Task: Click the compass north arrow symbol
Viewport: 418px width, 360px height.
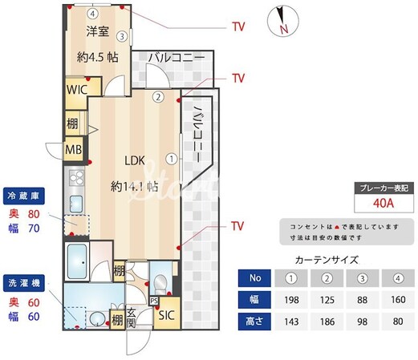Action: (x=282, y=19)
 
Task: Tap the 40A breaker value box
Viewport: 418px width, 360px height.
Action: (x=382, y=204)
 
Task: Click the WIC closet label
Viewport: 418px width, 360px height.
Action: (x=76, y=90)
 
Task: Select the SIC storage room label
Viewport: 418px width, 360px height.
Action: (x=166, y=315)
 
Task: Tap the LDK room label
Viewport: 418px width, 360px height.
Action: (x=132, y=161)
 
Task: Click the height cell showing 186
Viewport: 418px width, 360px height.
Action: (x=328, y=322)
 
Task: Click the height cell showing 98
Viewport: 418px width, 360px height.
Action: (x=362, y=322)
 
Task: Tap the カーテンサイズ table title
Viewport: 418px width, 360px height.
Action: (x=327, y=260)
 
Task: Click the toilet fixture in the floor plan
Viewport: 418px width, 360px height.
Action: (x=160, y=282)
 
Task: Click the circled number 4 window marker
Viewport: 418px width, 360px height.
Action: (x=93, y=14)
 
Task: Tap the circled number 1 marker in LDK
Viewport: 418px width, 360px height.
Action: (x=171, y=158)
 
